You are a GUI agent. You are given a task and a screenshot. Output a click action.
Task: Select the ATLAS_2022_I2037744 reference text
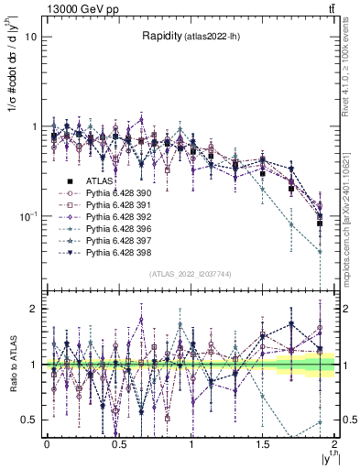tap(191, 275)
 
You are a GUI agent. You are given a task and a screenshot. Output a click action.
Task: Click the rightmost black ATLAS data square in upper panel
tap(320, 223)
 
